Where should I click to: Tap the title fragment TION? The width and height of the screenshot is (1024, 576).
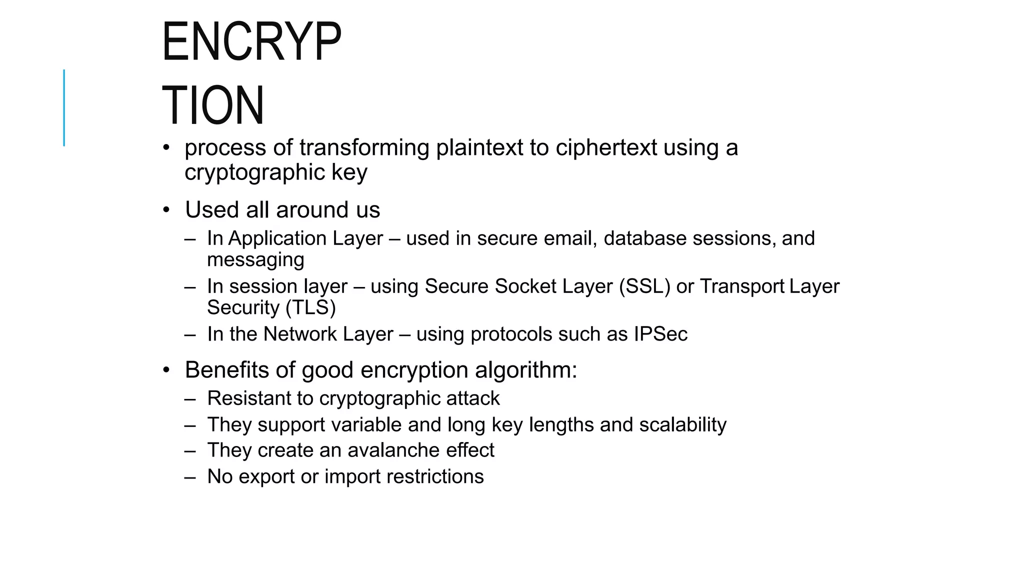pos(213,105)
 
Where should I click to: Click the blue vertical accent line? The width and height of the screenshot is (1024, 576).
pos(64,107)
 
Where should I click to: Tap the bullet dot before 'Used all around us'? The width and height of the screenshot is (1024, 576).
pos(166,209)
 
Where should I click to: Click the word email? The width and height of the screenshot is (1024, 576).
pos(570,238)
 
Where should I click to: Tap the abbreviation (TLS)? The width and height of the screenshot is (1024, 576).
pos(310,307)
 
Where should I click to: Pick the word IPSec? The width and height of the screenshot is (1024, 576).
pos(660,334)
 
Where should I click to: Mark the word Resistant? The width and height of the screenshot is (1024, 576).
pos(248,398)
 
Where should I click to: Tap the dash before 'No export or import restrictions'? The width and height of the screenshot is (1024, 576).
pos(190,477)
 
